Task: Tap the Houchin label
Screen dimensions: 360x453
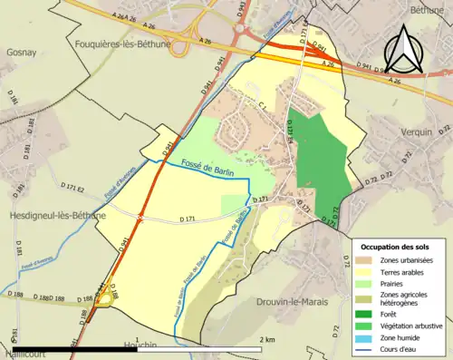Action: (137, 345)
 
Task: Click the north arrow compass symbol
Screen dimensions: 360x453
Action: (404, 47)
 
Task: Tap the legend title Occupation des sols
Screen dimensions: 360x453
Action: (397, 247)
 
